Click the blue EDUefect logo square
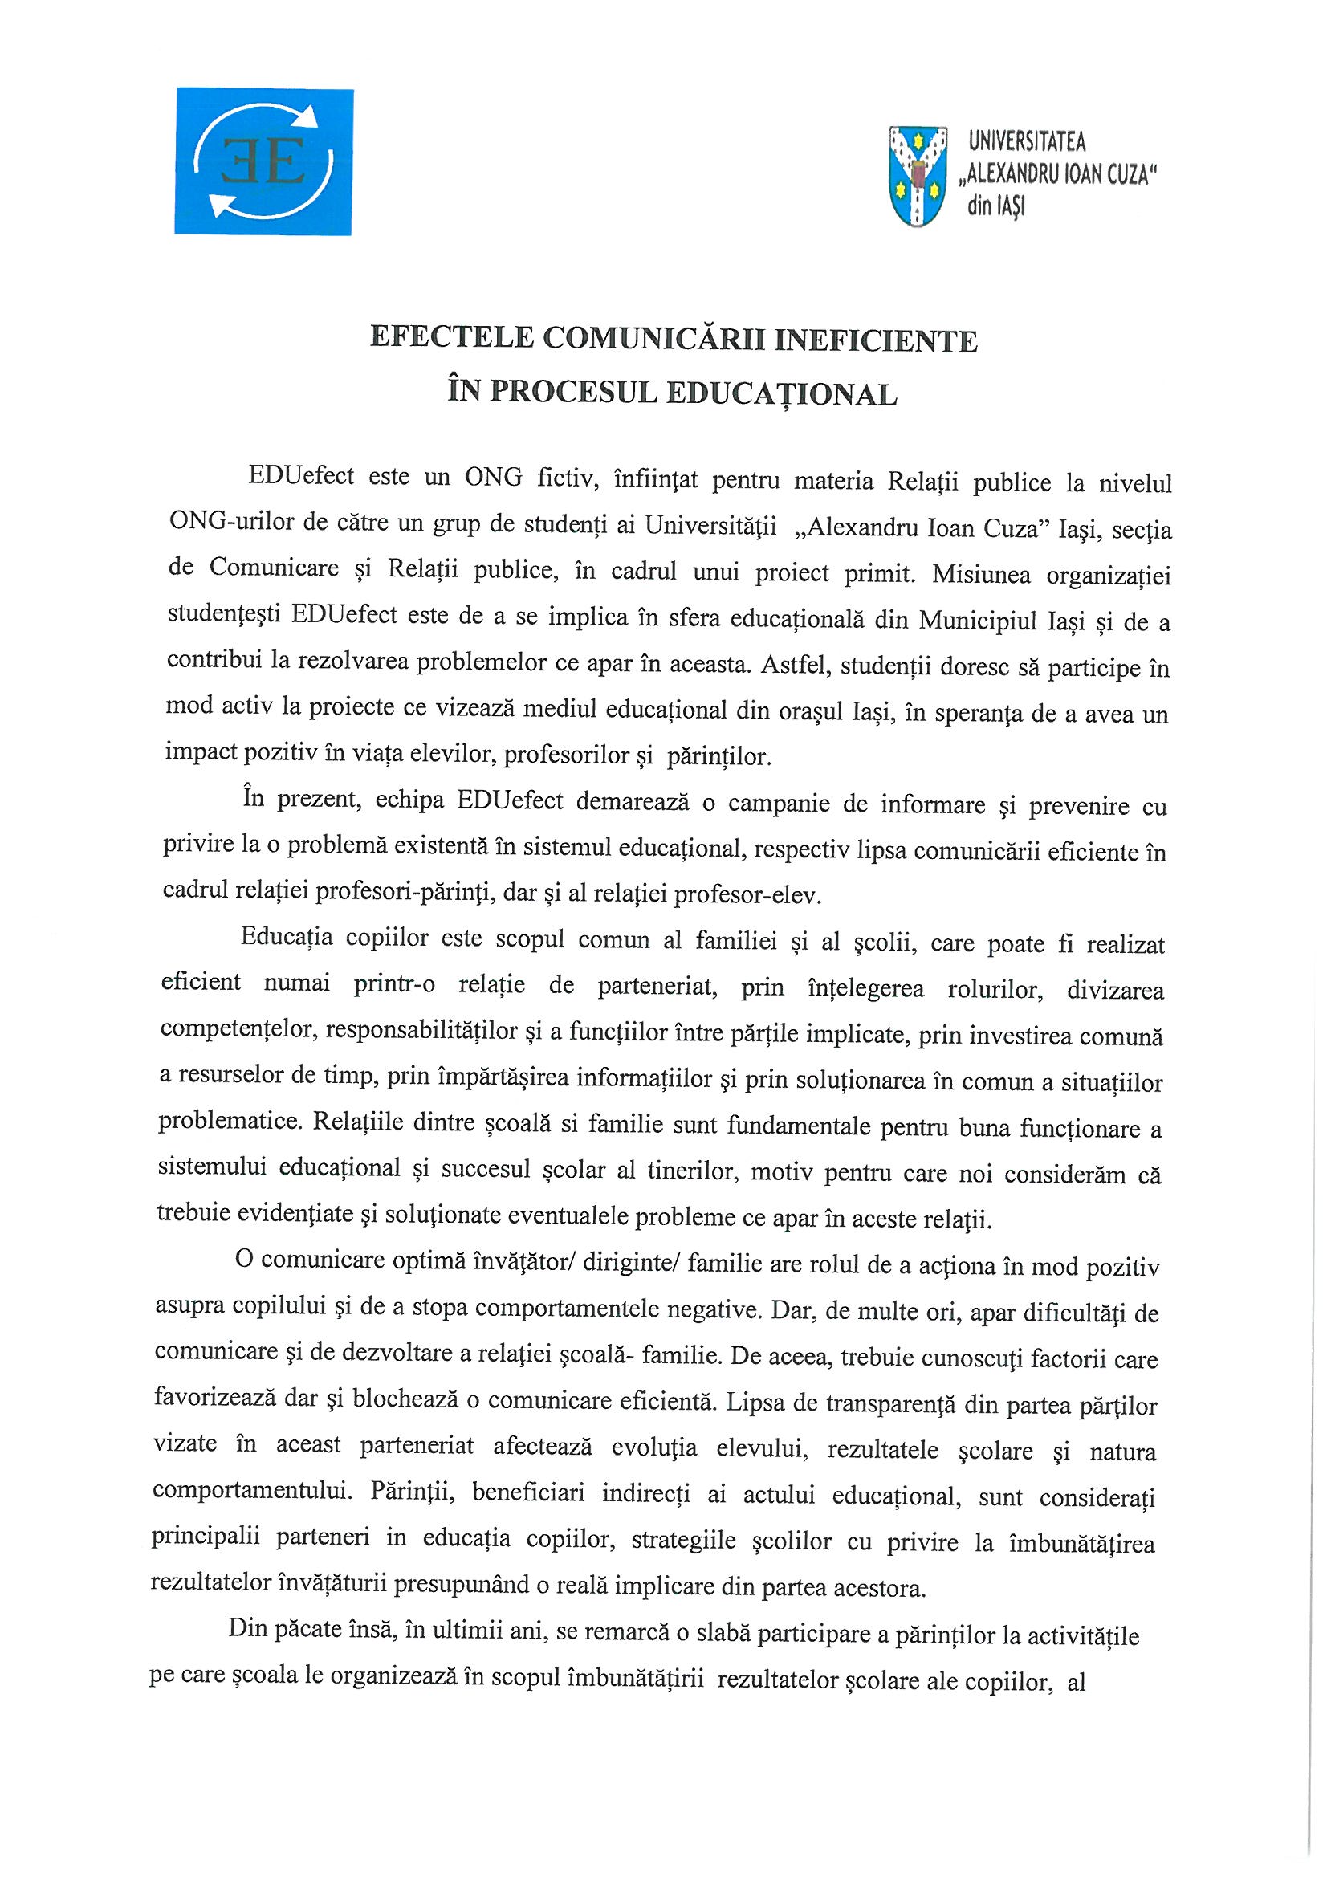point(263,162)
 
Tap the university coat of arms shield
point(917,175)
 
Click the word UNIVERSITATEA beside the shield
point(1027,143)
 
